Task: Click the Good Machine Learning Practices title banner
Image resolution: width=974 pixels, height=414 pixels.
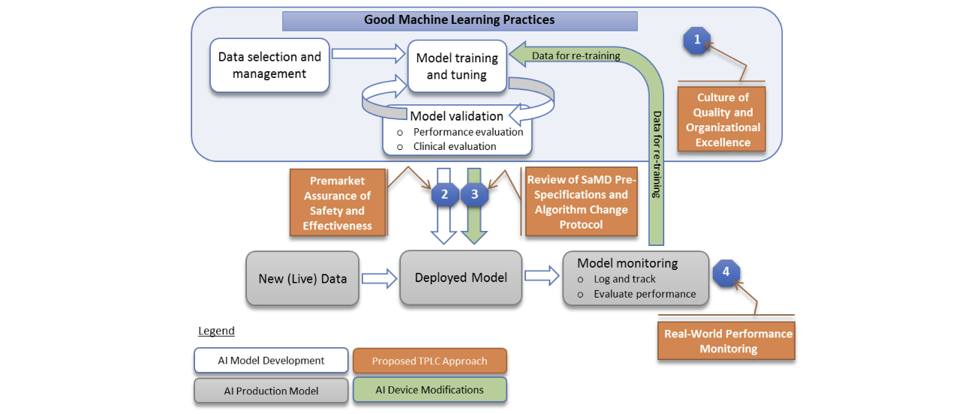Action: click(x=459, y=20)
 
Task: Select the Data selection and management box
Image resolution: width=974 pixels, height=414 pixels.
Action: click(x=269, y=65)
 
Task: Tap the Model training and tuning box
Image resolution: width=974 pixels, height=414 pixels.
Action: click(x=456, y=66)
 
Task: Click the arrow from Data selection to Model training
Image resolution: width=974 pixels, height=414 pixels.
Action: click(x=367, y=54)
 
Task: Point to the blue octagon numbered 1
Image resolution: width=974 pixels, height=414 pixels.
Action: click(x=697, y=40)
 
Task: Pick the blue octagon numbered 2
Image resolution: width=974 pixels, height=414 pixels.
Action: click(x=445, y=194)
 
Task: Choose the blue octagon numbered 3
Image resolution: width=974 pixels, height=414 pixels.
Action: click(x=473, y=194)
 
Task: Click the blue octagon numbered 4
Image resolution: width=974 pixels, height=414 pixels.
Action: click(x=726, y=271)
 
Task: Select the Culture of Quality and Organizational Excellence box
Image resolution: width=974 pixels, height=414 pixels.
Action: click(x=723, y=120)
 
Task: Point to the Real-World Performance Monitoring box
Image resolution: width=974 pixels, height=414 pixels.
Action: click(x=728, y=341)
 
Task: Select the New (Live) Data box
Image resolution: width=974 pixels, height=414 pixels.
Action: click(x=302, y=278)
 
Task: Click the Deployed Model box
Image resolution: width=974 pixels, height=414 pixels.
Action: click(x=461, y=277)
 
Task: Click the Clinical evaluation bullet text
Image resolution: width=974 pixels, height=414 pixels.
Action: click(x=454, y=146)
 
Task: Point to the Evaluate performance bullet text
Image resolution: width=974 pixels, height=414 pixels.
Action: click(x=645, y=294)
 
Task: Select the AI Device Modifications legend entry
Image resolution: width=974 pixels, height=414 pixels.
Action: click(x=430, y=390)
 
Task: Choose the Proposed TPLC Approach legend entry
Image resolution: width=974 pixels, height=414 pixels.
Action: click(x=430, y=361)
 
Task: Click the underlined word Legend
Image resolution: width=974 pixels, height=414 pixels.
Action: click(x=216, y=331)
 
